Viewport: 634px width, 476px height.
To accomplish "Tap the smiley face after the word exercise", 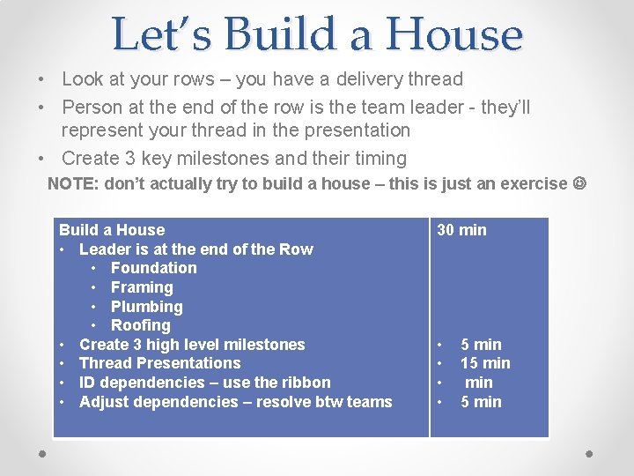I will [x=579, y=183].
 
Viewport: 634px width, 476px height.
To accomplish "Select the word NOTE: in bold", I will [x=73, y=183].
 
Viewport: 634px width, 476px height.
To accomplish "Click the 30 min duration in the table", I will [x=461, y=230].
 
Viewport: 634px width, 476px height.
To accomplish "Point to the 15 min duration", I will [x=485, y=363].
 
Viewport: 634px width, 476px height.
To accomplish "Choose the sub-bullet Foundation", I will [x=153, y=268].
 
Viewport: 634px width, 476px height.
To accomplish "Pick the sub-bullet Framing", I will [x=142, y=287].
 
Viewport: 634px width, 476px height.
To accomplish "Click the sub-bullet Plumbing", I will [x=146, y=307].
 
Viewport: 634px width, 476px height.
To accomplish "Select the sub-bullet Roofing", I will [x=141, y=325].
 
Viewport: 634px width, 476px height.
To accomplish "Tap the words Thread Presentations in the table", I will [x=159, y=363].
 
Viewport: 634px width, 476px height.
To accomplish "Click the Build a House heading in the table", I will [x=112, y=230].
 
